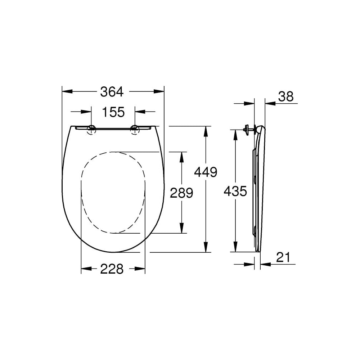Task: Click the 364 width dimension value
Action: [112, 91]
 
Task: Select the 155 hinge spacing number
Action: [113, 112]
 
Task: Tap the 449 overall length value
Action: [206, 172]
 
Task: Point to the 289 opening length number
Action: [181, 193]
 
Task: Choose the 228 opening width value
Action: [112, 269]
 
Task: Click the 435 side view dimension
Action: [235, 191]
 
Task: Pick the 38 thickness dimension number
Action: [286, 96]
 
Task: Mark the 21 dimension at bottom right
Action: [283, 257]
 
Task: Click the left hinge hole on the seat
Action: [91, 130]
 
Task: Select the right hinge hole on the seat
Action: [135, 130]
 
